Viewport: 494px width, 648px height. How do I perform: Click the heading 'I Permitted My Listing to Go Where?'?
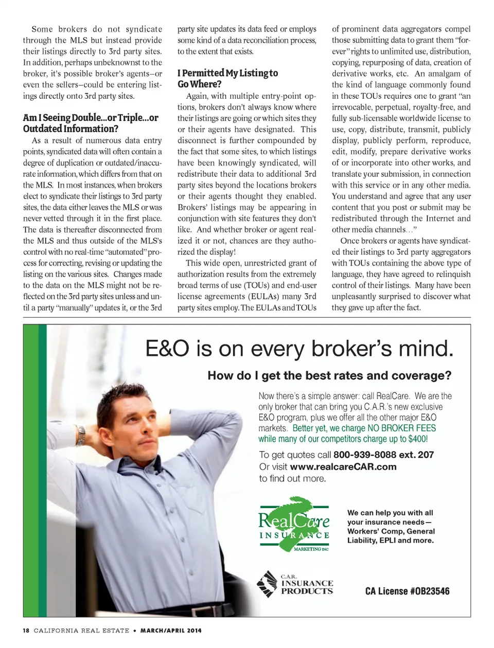point(227,79)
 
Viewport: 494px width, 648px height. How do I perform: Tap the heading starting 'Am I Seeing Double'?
point(91,123)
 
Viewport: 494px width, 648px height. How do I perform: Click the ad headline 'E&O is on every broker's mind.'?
point(299,349)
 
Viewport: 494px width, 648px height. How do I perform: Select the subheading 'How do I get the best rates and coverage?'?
point(329,375)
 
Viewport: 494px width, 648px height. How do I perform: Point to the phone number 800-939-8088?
point(365,455)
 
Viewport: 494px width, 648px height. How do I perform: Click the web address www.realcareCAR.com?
point(343,466)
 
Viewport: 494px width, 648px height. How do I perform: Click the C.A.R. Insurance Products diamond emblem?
point(267,584)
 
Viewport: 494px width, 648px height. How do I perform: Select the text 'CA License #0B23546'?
point(407,591)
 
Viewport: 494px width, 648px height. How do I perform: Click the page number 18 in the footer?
point(26,631)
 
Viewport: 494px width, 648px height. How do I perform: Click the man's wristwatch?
point(81,435)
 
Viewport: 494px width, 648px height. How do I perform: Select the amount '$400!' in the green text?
point(418,439)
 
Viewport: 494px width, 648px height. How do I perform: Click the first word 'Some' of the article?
point(42,29)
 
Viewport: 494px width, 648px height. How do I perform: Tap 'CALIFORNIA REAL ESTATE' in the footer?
point(81,631)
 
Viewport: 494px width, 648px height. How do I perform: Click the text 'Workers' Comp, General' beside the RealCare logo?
point(391,531)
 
